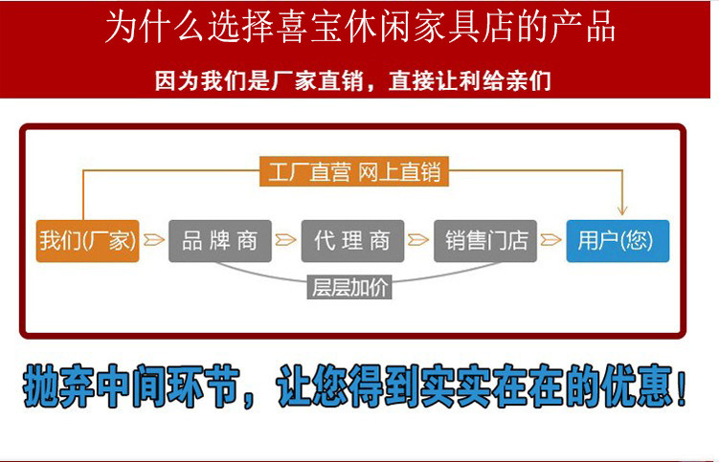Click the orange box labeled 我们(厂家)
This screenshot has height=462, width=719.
pos(87,240)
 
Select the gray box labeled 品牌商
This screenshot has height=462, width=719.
pos(219,240)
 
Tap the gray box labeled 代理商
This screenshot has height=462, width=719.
pos(351,240)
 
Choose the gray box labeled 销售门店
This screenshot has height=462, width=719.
pos(485,240)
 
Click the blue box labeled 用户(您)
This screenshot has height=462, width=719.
pos(617,240)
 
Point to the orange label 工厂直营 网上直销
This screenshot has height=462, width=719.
pos(352,172)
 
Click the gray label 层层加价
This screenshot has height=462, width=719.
pos(351,287)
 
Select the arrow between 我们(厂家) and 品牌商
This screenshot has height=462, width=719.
pos(153,240)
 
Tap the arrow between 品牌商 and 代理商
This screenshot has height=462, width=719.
pos(285,240)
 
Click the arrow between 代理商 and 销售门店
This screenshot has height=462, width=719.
pos(418,240)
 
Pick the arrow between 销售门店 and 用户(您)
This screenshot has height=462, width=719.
pos(550,240)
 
